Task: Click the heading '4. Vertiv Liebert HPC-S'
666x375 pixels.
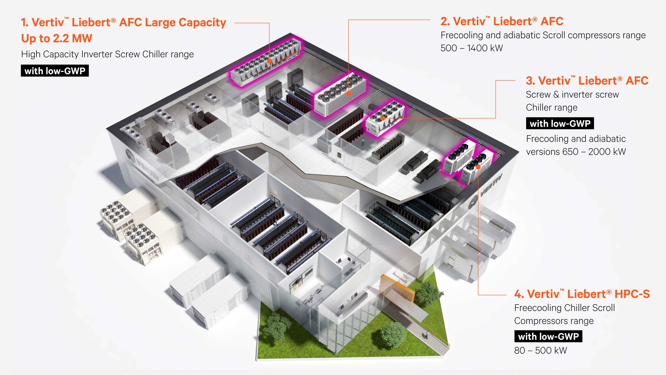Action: click(582, 294)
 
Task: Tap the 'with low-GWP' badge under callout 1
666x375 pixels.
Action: click(55, 71)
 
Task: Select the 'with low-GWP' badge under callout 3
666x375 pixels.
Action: click(560, 123)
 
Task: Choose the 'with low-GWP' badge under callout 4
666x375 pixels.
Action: click(548, 336)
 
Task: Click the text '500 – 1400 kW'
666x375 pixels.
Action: click(472, 48)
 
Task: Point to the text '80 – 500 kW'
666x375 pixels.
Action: click(540, 350)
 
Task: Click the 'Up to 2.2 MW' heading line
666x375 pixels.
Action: click(57, 38)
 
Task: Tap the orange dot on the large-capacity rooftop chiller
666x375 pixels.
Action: click(269, 61)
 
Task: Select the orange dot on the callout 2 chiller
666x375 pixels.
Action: click(348, 94)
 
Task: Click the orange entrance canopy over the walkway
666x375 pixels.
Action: click(397, 286)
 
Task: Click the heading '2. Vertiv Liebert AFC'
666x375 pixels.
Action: click(502, 21)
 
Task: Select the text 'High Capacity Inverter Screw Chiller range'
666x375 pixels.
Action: click(107, 54)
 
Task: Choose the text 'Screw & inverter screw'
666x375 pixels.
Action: click(572, 95)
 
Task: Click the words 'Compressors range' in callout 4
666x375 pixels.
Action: click(554, 321)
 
